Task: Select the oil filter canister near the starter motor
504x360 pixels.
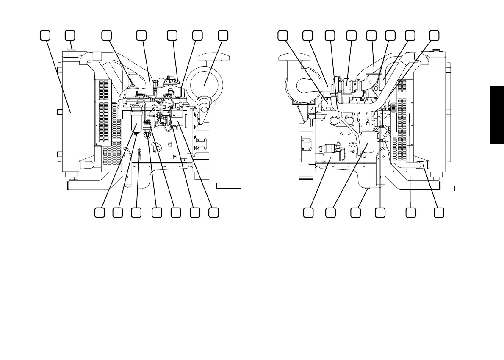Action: tap(367, 142)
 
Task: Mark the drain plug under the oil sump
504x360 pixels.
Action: tap(366, 191)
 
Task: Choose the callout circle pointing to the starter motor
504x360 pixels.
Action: tap(309, 213)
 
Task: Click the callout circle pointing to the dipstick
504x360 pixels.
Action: tap(136, 213)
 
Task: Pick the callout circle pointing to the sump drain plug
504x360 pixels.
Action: tap(356, 213)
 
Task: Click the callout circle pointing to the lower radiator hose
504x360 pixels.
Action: tap(439, 213)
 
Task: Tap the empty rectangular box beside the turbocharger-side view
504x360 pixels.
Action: tap(467, 188)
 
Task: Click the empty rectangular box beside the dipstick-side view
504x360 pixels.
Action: tap(229, 186)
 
